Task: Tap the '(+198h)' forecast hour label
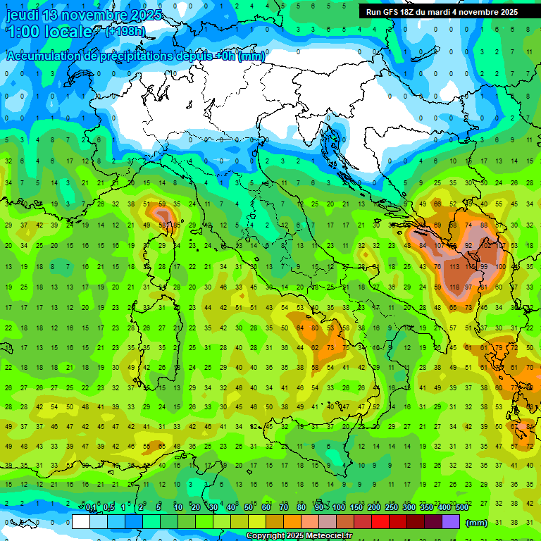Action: click(x=125, y=31)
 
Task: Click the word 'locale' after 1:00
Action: click(x=68, y=32)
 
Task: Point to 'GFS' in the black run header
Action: click(x=392, y=12)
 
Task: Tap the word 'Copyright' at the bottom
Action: click(x=266, y=536)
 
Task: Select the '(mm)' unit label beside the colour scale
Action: click(x=476, y=522)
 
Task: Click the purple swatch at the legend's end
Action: click(x=450, y=522)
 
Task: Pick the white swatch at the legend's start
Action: click(x=81, y=522)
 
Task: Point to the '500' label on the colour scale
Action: click(x=461, y=508)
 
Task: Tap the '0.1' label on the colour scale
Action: click(x=91, y=508)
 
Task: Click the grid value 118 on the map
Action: click(x=454, y=287)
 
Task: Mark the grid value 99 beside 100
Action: click(x=484, y=266)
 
